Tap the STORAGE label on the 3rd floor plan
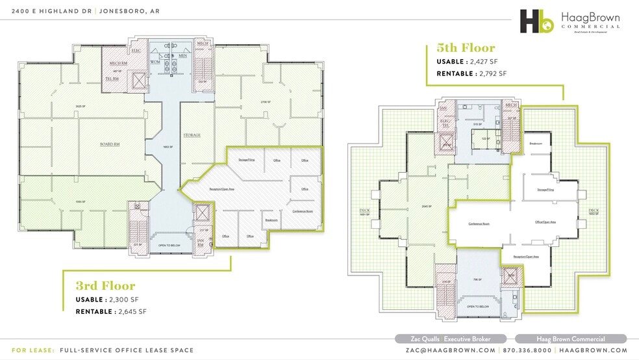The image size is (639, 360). pyautogui.click(x=192, y=135)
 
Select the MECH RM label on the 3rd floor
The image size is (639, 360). pyautogui.click(x=118, y=64)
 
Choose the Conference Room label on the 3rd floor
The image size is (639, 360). pyautogui.click(x=303, y=211)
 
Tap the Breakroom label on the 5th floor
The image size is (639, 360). pyautogui.click(x=536, y=143)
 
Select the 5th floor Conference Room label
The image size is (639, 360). pyautogui.click(x=478, y=224)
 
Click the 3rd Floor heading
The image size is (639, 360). pyautogui.click(x=105, y=286)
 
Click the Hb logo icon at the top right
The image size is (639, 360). pyautogui.click(x=536, y=21)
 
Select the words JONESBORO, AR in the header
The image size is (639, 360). pyautogui.click(x=134, y=10)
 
